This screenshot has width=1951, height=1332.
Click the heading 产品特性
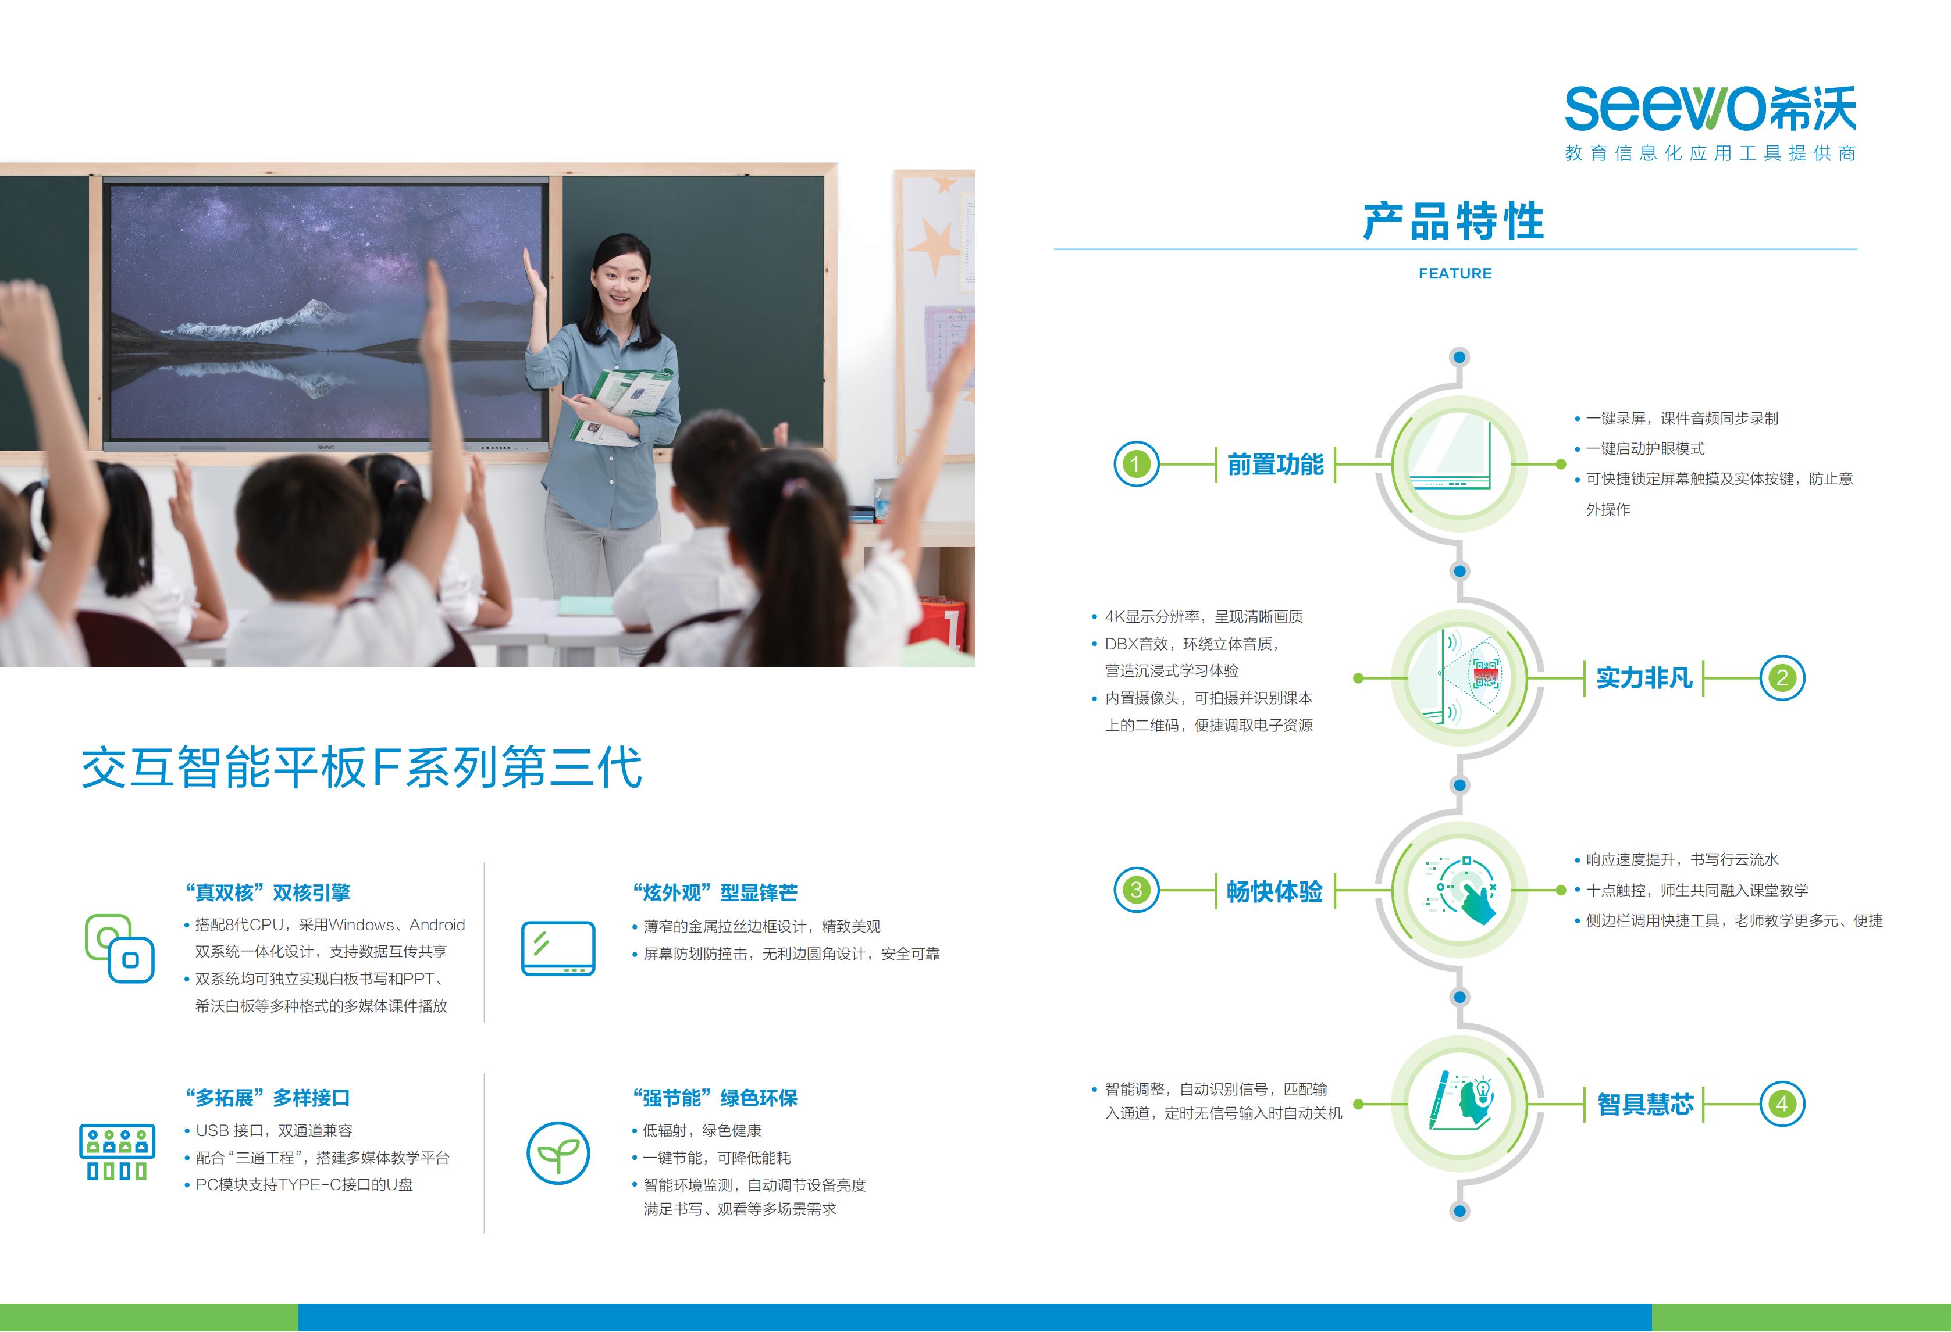tap(1454, 222)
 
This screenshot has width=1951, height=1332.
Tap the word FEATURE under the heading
tap(1455, 274)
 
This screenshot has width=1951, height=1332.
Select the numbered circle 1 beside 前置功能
tap(1136, 464)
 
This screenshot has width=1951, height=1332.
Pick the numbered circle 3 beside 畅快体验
tap(1136, 890)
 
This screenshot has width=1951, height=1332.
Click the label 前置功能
tap(1275, 464)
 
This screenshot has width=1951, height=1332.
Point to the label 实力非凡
tap(1644, 677)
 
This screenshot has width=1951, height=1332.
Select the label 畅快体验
tap(1274, 891)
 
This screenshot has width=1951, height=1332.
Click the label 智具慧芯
tap(1644, 1104)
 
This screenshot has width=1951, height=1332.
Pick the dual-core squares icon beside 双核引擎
tap(119, 948)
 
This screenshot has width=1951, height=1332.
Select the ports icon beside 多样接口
tap(118, 1152)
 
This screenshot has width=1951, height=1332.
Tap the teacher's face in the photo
tap(618, 284)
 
